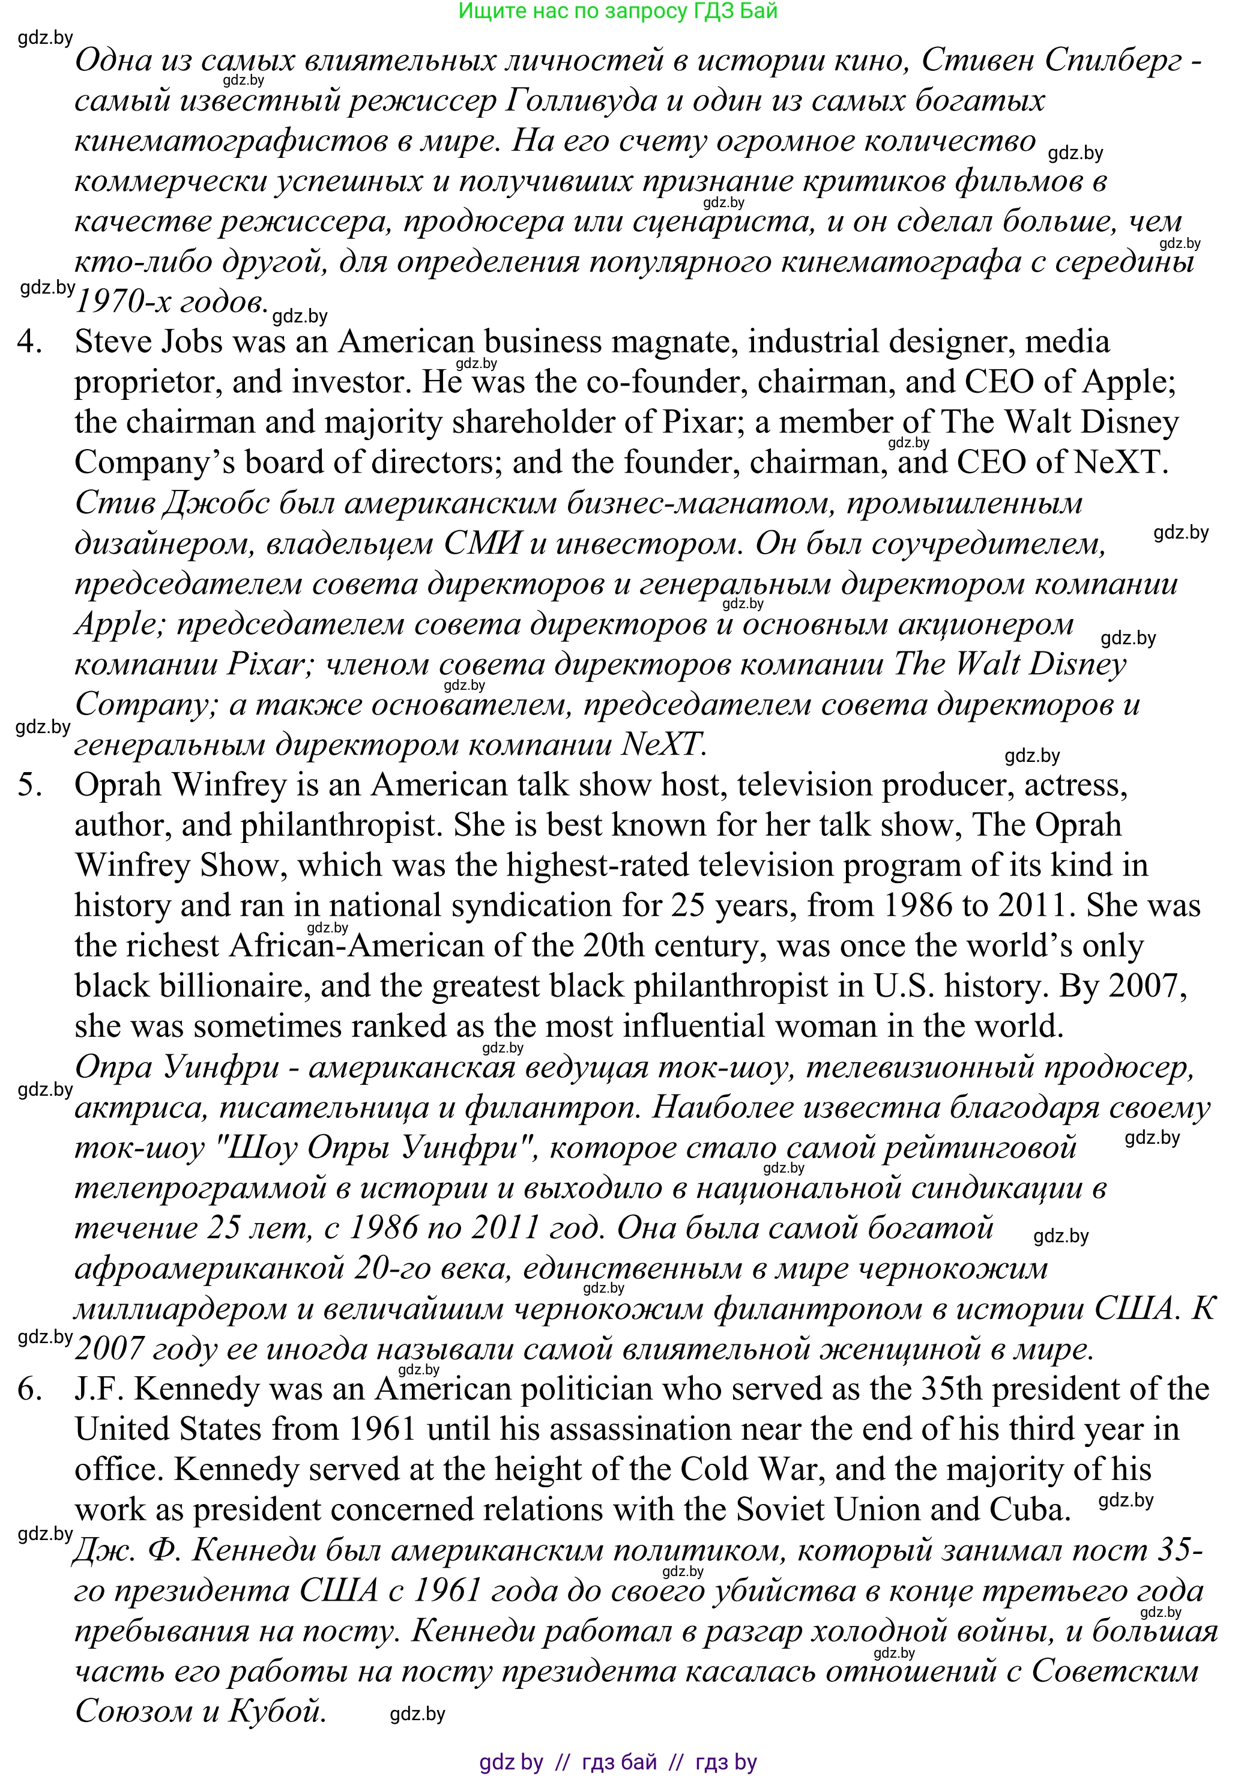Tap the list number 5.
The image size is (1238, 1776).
point(29,786)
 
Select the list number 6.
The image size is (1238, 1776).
point(29,1390)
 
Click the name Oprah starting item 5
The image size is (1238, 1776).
point(118,786)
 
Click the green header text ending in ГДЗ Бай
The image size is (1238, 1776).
point(618,11)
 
